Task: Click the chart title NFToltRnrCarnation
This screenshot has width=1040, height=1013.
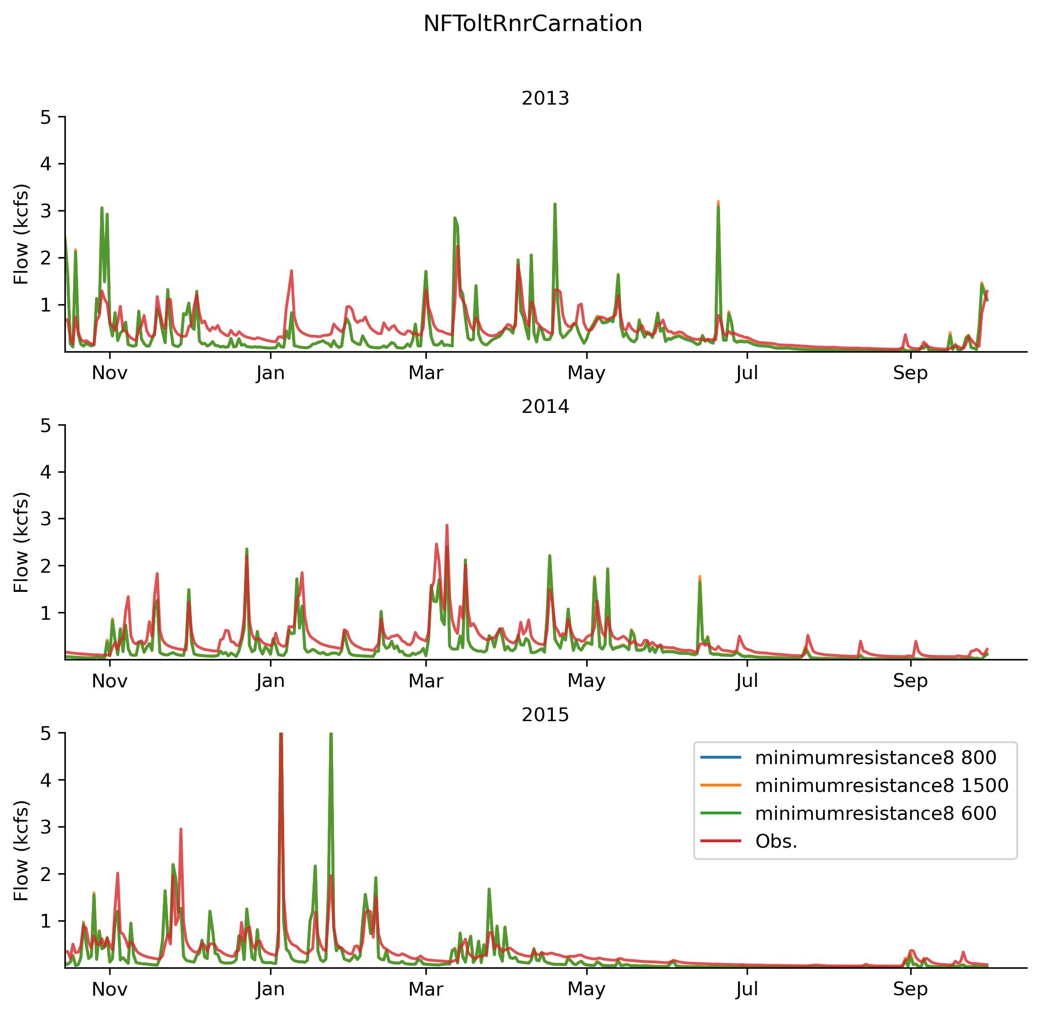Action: point(532,24)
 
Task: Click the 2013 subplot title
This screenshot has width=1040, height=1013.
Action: point(545,99)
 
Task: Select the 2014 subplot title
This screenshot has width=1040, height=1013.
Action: point(545,406)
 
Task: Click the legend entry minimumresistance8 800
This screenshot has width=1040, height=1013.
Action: point(875,757)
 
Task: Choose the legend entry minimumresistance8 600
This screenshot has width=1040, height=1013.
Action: point(875,813)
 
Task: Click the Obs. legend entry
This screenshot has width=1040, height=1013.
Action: point(776,841)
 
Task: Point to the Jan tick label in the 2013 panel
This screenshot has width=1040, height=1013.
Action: point(271,374)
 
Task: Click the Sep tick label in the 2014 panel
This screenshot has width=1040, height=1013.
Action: point(910,681)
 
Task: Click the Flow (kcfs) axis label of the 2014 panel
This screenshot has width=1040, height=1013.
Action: point(21,543)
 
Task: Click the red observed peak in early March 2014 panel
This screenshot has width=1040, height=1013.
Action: point(446,526)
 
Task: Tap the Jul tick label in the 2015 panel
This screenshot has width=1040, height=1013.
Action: point(747,989)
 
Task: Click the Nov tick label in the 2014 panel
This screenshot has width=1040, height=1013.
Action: point(110,681)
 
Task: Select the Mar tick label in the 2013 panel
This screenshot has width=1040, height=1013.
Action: point(425,374)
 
